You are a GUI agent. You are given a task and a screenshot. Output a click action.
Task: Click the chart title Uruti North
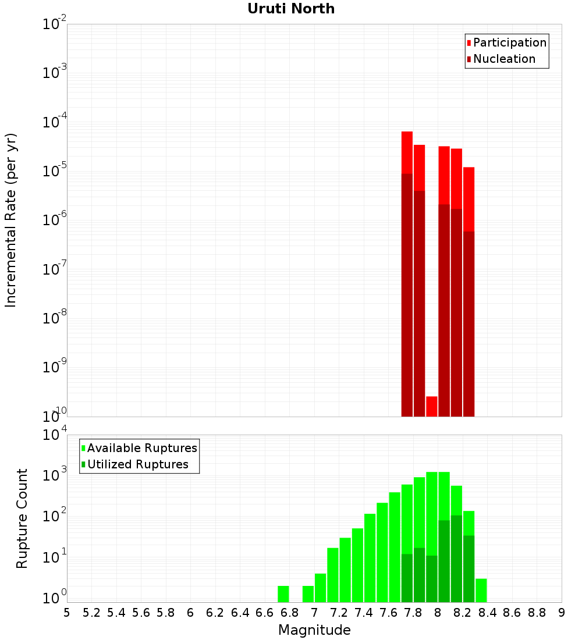tap(291, 9)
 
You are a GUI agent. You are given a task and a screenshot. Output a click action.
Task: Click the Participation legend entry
tap(509, 42)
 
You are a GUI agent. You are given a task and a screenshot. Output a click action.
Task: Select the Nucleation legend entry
tap(503, 59)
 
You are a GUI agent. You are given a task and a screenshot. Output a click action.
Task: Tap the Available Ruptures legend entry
tap(141, 448)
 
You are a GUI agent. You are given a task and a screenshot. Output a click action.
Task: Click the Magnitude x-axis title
tap(314, 630)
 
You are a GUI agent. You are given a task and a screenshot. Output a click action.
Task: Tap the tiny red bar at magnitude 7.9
tap(431, 406)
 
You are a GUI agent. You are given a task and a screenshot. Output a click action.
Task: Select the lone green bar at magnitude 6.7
tap(283, 594)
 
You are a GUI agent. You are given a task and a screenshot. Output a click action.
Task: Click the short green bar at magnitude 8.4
tap(481, 590)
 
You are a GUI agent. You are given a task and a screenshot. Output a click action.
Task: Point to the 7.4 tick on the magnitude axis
tap(364, 613)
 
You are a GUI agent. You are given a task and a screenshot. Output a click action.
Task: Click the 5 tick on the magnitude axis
tap(67, 613)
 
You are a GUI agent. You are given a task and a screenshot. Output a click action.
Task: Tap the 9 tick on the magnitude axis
tap(562, 613)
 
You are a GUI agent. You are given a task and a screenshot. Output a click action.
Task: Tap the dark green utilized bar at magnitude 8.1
tap(456, 559)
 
